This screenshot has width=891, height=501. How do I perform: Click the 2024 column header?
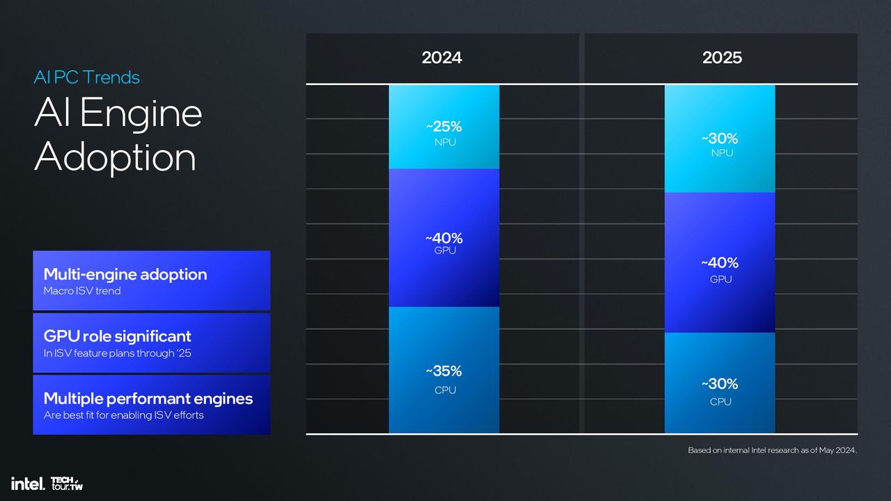441,58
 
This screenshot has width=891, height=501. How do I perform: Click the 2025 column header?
722,58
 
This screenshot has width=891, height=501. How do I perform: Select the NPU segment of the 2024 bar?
444,127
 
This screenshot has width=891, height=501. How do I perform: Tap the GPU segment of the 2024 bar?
444,238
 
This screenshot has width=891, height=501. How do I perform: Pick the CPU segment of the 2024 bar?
444,369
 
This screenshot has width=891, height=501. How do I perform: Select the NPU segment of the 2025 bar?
720,138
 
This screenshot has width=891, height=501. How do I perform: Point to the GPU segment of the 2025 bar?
720,262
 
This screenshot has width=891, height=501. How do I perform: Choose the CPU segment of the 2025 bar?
720,383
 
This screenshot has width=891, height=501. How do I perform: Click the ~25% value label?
444,127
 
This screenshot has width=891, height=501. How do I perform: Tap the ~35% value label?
444,371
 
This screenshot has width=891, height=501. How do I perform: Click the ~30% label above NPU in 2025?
720,138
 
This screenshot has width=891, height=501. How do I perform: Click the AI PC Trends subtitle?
87,77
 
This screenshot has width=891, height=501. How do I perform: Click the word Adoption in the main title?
116,158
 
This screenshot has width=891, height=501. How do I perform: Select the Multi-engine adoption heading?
125,274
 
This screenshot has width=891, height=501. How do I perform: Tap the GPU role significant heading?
118,336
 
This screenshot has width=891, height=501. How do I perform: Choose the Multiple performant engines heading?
148,399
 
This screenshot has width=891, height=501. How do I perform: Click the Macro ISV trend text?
82,291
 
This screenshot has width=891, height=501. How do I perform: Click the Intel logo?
28,484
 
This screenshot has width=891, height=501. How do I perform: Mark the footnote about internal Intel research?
772,450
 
